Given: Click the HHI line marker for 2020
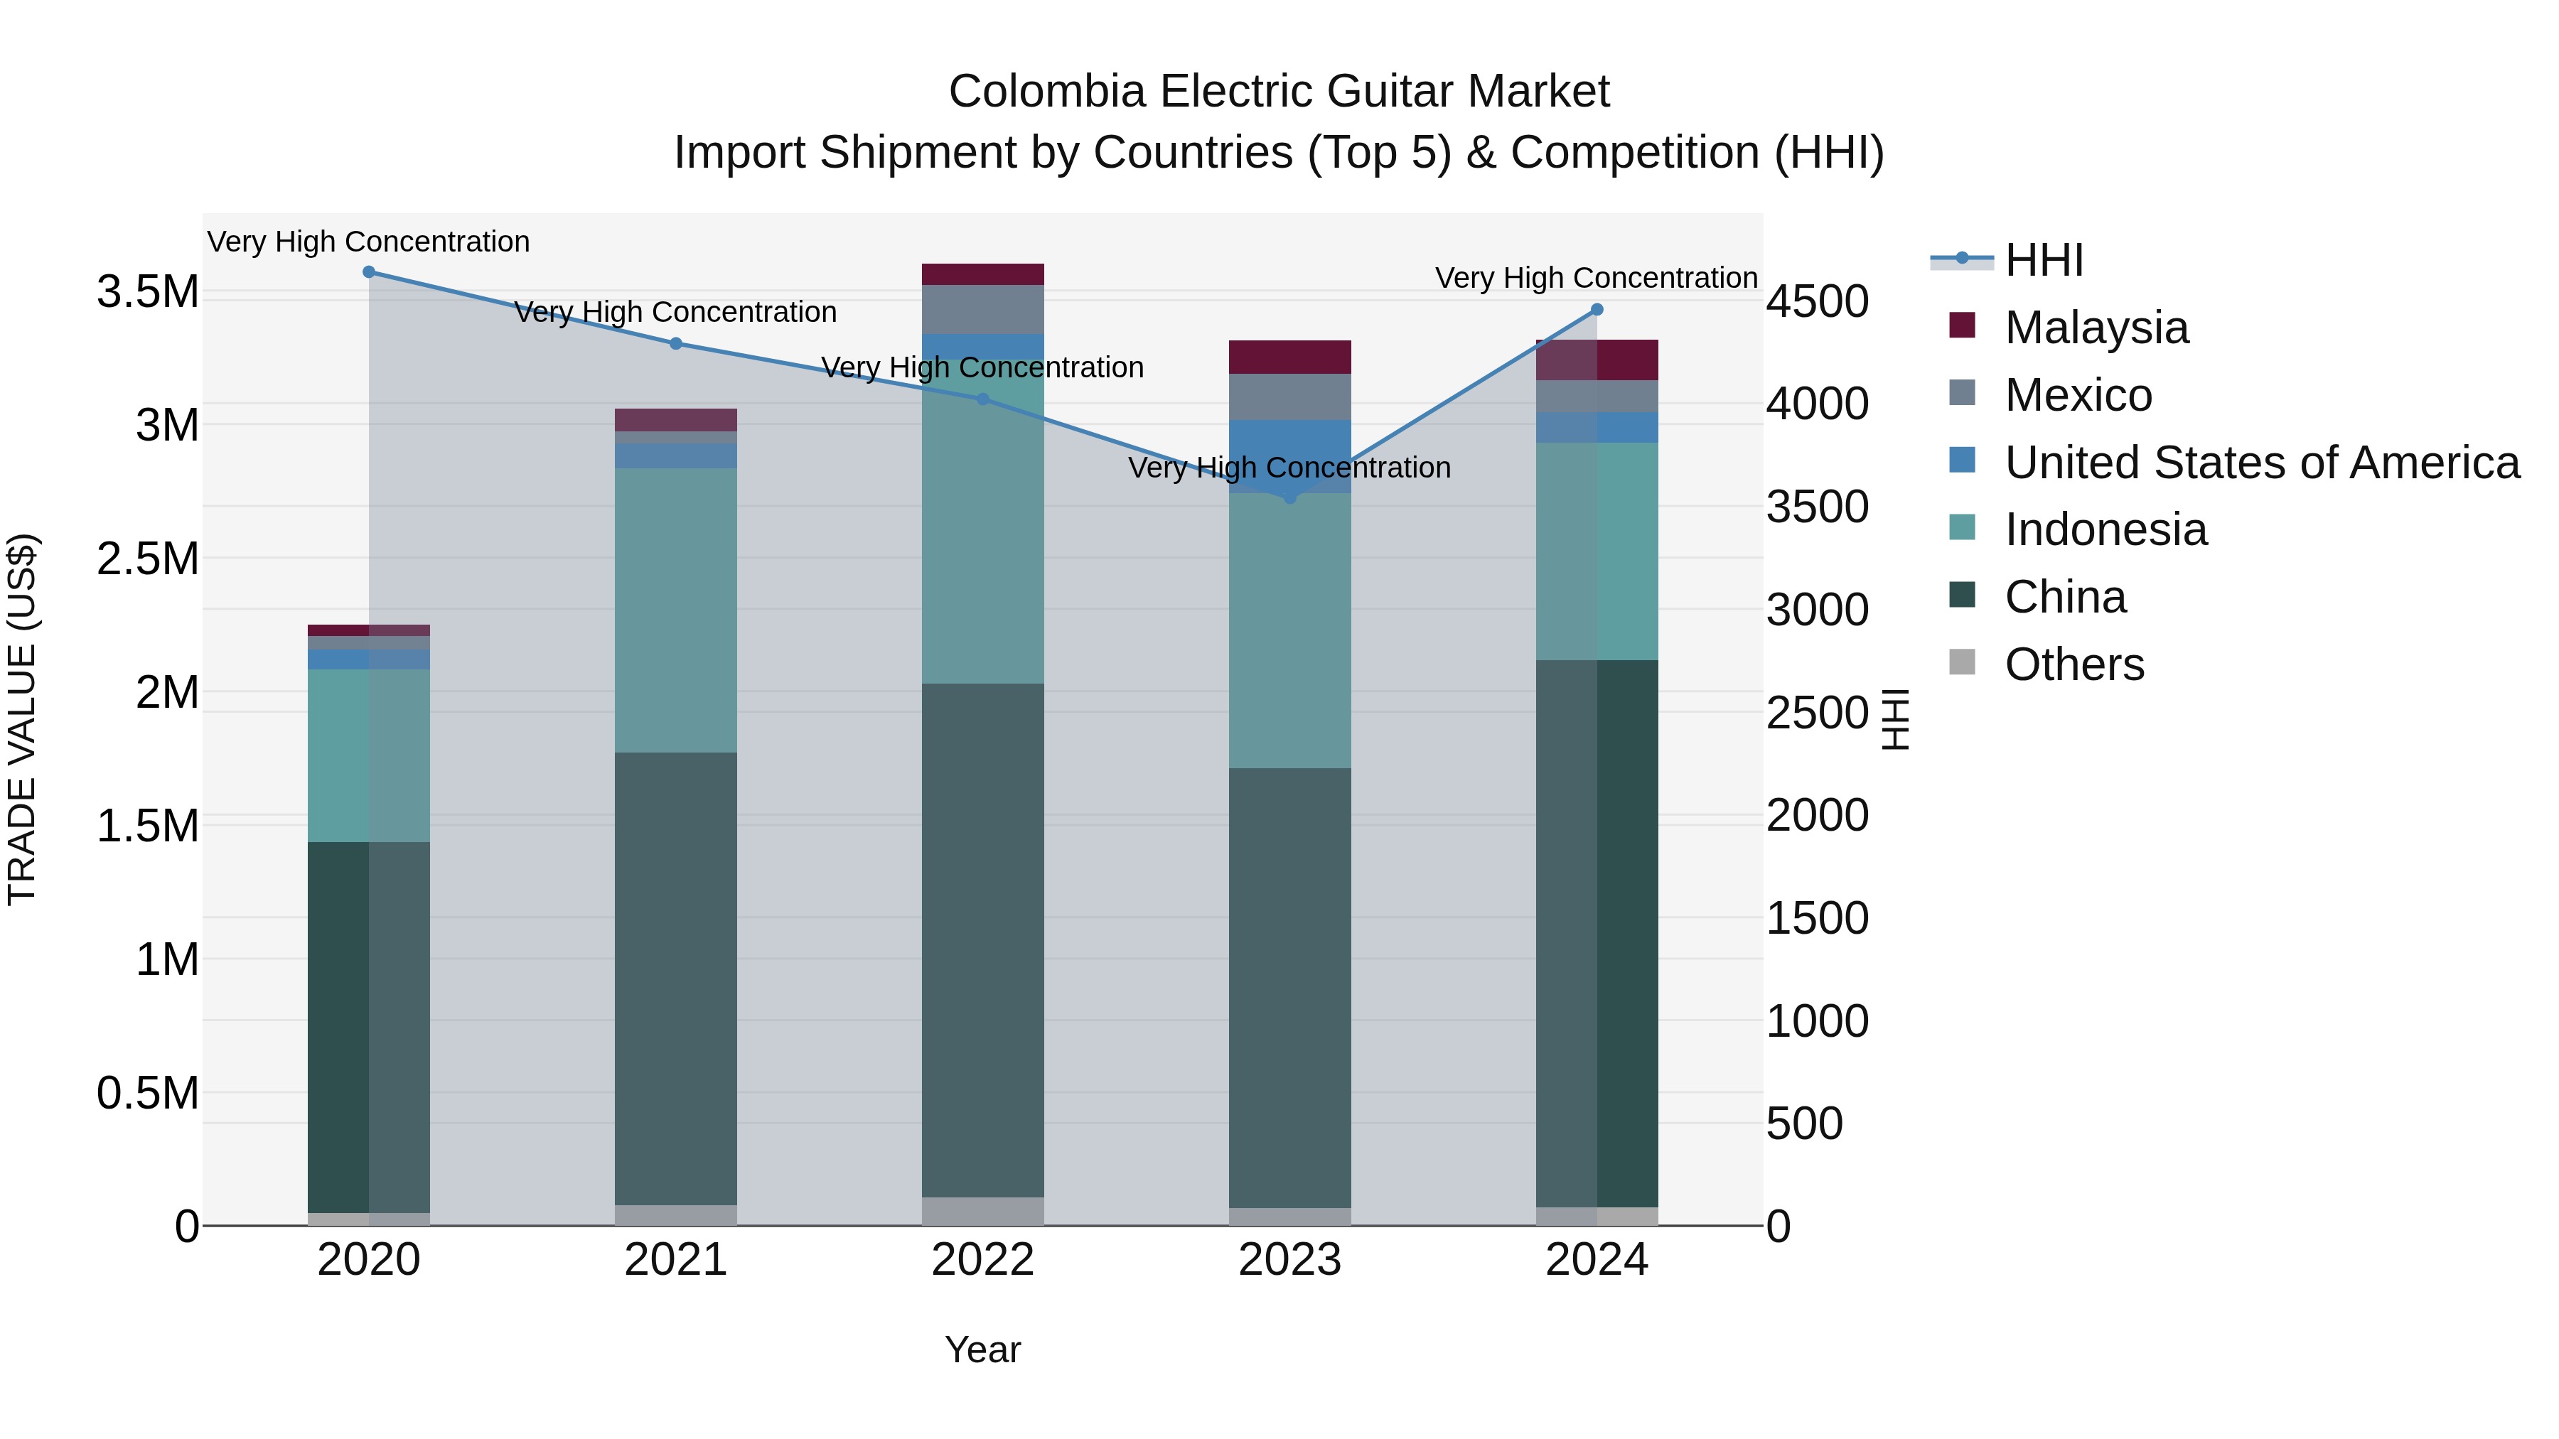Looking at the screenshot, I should coord(368,272).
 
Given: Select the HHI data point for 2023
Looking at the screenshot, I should coord(1289,497).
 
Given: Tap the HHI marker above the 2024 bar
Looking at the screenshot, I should coord(1597,310).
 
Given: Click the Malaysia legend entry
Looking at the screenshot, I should coord(2096,328).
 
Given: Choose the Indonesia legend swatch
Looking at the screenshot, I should coord(1962,527).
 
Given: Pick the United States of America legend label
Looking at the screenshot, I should coord(2262,463).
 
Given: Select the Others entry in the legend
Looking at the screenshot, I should coord(2074,664).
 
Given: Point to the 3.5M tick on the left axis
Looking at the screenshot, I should coord(147,292).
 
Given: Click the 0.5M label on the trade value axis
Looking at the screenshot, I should coord(147,1094).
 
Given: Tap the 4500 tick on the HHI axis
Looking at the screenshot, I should coord(1817,302).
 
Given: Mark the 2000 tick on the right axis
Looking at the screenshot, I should coord(1817,815).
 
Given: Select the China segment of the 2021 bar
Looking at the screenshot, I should coord(675,979).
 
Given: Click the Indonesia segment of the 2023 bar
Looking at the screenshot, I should coord(1289,630).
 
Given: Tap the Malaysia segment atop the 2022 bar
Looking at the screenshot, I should coord(982,274).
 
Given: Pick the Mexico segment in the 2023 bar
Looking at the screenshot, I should coord(1289,397).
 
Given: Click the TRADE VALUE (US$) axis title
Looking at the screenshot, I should coord(23,719).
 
